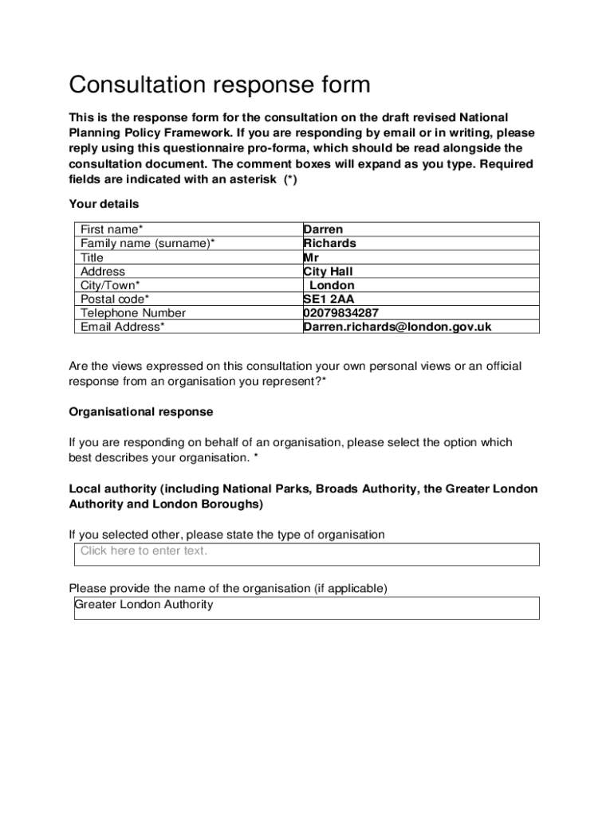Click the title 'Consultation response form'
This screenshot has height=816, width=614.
coord(219,84)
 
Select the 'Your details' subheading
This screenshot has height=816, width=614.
coord(104,204)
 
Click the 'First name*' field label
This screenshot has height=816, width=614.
coord(112,229)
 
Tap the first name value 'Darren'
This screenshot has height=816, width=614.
coord(323,229)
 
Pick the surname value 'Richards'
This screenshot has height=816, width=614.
coord(329,243)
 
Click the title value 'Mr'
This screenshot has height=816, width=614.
coord(311,257)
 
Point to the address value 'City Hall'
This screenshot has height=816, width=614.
coord(328,272)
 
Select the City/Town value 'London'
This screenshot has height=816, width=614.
coord(332,285)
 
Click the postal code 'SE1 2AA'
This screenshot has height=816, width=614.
coord(329,299)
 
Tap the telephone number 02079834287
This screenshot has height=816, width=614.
coord(340,313)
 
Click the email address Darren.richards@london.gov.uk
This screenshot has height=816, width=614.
coord(397,327)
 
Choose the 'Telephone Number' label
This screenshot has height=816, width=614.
coord(132,313)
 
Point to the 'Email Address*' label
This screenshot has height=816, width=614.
coord(123,327)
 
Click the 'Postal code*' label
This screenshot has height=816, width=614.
coord(115,299)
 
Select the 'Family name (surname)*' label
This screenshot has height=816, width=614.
coord(148,243)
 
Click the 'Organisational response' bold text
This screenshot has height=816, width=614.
coord(141,412)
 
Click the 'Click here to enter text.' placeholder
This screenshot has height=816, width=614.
coord(144,551)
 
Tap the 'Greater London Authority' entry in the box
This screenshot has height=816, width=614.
coord(144,604)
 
